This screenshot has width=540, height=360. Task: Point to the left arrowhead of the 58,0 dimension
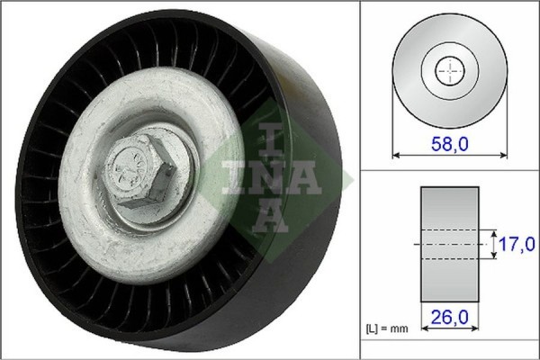pos(396,155)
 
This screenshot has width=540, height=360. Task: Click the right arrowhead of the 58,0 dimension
pos(504,155)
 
